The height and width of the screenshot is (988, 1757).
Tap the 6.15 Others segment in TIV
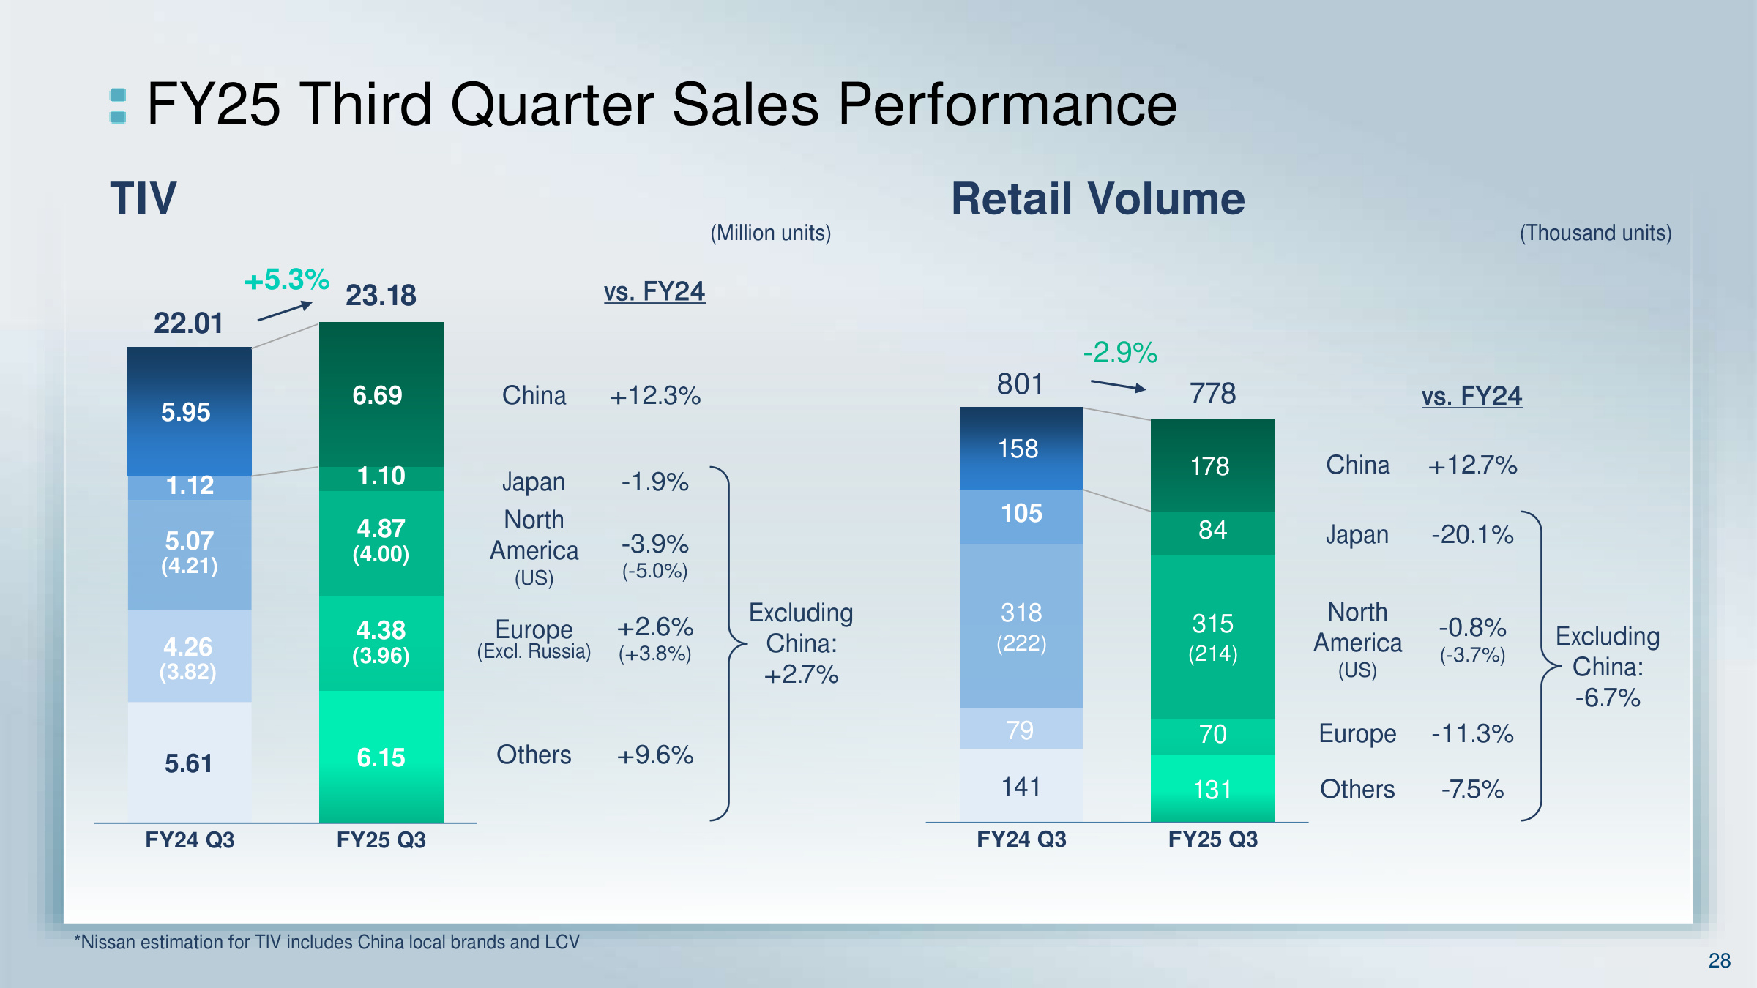click(x=381, y=757)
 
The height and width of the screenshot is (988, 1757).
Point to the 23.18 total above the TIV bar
click(x=381, y=296)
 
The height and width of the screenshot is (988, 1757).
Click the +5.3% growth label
click(x=287, y=280)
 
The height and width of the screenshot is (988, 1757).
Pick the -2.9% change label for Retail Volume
click(x=1120, y=353)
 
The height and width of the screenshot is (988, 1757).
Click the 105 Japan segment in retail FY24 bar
click(x=1021, y=513)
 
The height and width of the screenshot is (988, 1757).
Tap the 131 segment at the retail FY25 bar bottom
click(x=1212, y=790)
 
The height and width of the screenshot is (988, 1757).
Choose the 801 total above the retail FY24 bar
click(x=1020, y=384)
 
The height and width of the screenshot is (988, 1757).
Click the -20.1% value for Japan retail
click(x=1472, y=534)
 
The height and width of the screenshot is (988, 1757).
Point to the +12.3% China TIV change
click(x=655, y=396)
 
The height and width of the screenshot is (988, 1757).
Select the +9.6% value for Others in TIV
click(x=655, y=755)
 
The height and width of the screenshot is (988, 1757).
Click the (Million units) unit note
click(x=770, y=233)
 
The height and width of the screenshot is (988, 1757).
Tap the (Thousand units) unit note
click(x=1595, y=233)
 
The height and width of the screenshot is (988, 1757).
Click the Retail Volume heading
click(x=1097, y=198)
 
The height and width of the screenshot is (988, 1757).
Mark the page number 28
click(x=1719, y=960)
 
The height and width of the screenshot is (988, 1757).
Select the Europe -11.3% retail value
click(x=1472, y=733)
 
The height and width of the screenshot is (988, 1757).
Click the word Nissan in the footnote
click(x=108, y=942)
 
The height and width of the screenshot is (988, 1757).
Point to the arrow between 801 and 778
click(x=1118, y=386)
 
